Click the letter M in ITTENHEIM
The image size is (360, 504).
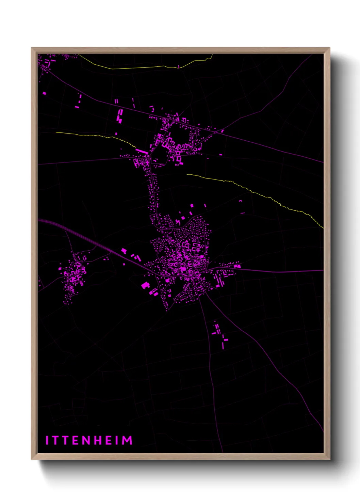(127, 440)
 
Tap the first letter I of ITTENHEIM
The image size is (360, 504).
(47, 440)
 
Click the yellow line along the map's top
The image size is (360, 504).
(136, 68)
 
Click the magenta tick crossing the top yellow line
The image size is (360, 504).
(178, 66)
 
